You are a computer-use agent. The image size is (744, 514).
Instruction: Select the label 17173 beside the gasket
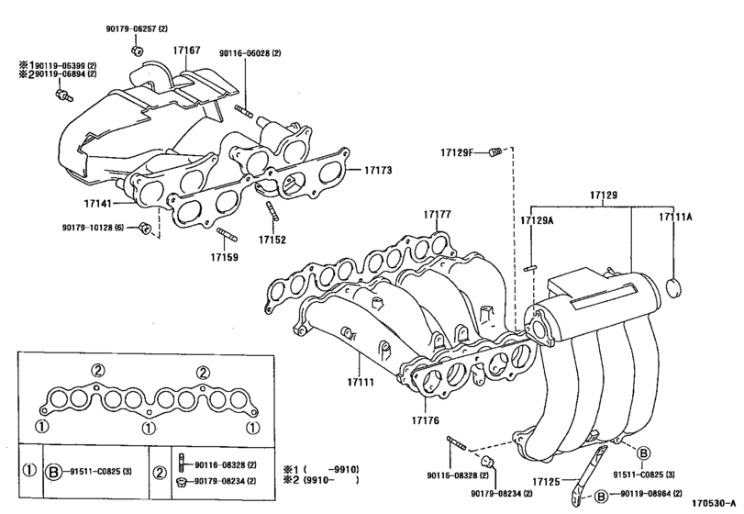click(x=378, y=171)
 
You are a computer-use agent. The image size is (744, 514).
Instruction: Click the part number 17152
click(x=272, y=240)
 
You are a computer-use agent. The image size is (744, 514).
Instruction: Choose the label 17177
click(x=438, y=214)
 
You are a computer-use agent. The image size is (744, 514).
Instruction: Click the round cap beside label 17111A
click(x=674, y=289)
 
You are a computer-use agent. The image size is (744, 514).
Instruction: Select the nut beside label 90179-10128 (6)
click(x=145, y=228)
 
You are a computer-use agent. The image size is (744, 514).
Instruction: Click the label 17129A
click(x=538, y=220)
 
